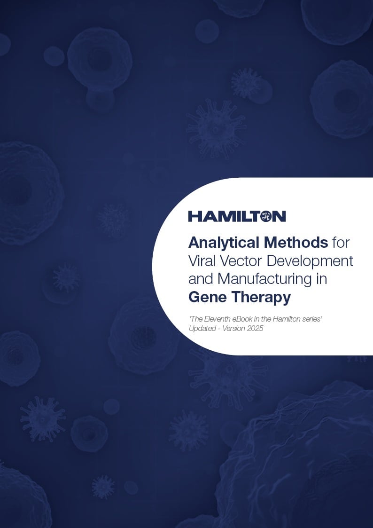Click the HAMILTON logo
click(x=237, y=216)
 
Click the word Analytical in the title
click(x=224, y=243)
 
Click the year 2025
click(x=254, y=329)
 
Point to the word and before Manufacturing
click(x=201, y=279)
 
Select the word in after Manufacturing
click(x=321, y=279)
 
